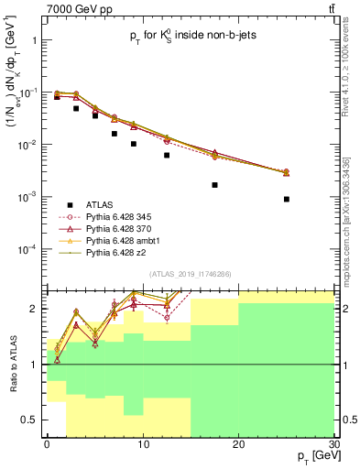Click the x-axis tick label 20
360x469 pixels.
click(x=238, y=442)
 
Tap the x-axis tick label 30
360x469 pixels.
click(x=333, y=442)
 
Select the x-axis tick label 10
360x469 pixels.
click(x=142, y=442)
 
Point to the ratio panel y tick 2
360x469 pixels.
click(x=37, y=309)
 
